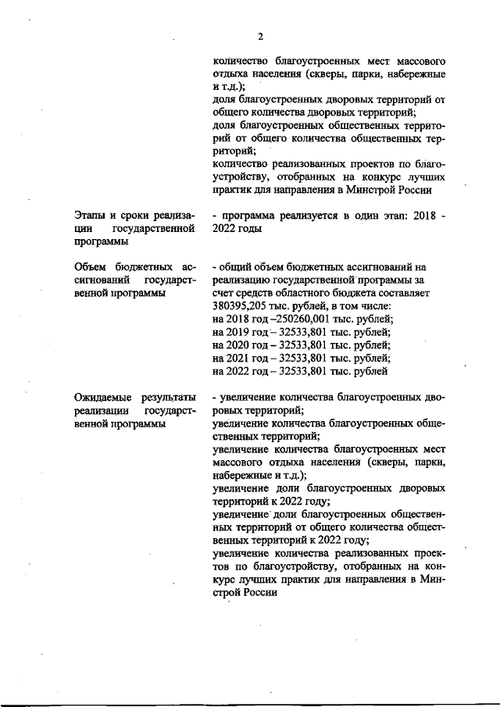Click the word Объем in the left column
(x=93, y=269)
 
